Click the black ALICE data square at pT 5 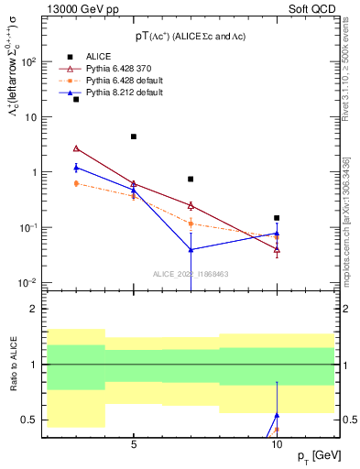click(134, 136)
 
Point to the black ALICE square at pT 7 click(191, 180)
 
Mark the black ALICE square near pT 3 click(76, 99)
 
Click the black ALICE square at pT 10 click(277, 218)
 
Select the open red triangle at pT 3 click(76, 147)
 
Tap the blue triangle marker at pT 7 click(191, 249)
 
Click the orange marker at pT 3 click(76, 183)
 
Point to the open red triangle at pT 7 click(191, 205)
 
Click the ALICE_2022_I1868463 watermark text click(191, 273)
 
